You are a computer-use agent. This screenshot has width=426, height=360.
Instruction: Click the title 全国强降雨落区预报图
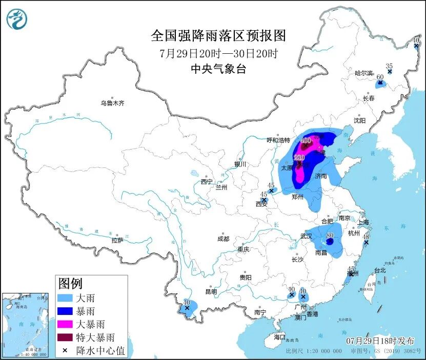[x=218, y=36]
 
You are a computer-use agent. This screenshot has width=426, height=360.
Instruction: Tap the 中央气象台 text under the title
[x=218, y=69]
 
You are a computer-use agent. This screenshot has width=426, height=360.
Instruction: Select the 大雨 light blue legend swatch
[x=68, y=298]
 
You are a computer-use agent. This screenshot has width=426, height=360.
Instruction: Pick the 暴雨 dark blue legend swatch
[x=68, y=311]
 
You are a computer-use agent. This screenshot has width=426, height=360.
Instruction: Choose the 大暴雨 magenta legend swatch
[x=68, y=324]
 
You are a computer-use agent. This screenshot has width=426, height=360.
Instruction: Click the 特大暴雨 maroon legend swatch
[x=68, y=337]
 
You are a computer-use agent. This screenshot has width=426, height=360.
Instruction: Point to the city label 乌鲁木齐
[x=112, y=103]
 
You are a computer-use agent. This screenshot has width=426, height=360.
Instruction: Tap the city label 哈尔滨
[x=365, y=73]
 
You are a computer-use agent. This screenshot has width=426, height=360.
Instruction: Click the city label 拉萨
[x=117, y=240]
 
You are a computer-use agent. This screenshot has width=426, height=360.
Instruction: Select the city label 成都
[x=223, y=239]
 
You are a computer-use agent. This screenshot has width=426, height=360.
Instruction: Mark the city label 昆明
[x=211, y=292]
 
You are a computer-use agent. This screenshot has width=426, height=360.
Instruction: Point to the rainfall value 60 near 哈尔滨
[x=380, y=77]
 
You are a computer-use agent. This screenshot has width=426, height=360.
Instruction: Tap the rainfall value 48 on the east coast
[x=366, y=237]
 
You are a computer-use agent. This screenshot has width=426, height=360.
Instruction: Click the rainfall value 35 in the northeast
[x=389, y=66]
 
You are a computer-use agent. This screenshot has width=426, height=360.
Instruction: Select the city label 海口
[x=279, y=337]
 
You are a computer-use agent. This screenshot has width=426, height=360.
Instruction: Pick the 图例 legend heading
[x=70, y=283]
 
